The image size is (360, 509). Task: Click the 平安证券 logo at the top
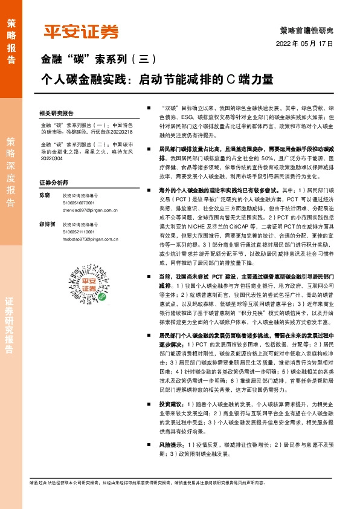(x=81, y=32)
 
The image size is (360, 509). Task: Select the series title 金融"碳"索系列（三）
(x=98, y=60)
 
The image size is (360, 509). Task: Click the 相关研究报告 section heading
(x=56, y=114)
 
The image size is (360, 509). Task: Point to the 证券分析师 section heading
(x=53, y=182)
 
